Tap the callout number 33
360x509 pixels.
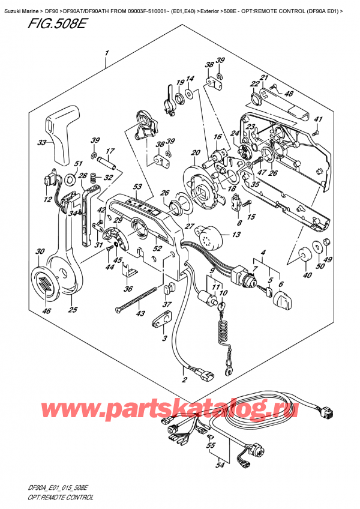point(41,143)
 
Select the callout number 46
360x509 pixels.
point(46,310)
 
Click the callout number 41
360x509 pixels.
point(319,119)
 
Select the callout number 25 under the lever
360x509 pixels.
point(73,310)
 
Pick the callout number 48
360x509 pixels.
point(289,93)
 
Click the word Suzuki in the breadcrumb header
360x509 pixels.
point(14,5)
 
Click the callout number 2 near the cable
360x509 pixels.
point(184,379)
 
